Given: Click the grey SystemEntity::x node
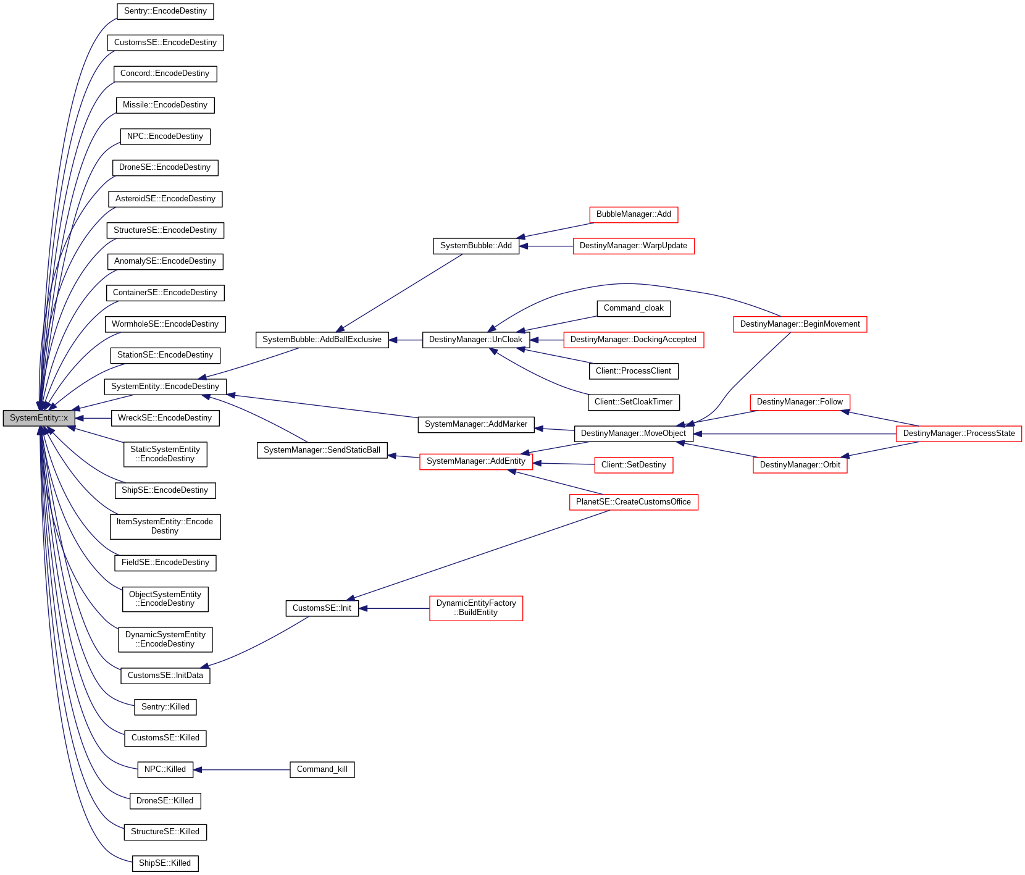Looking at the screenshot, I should coord(38,418).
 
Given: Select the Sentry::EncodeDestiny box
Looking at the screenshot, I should coord(165,11).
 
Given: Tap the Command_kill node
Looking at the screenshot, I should coord(322,769).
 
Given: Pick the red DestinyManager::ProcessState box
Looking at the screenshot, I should coord(958,433).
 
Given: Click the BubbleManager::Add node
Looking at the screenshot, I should coord(634,214).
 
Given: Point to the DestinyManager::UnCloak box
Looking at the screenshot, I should coord(475,340).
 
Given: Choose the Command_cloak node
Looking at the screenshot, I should coord(634,308).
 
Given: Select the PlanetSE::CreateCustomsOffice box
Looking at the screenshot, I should coord(634,502).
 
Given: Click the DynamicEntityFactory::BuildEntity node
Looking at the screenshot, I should coord(476,608).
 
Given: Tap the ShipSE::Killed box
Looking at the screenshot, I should coord(165,863).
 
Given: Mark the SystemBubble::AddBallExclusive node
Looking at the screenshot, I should coord(322,340).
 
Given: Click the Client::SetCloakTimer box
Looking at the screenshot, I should coord(634,402).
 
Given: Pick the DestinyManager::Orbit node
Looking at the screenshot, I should coord(800,465).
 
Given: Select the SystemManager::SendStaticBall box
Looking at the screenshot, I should coord(322,450).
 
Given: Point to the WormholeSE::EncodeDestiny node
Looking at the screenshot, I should coord(165,324).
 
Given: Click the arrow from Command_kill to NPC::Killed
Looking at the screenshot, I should coord(241,770).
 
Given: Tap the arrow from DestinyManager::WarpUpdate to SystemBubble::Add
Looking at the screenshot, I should coord(546,246).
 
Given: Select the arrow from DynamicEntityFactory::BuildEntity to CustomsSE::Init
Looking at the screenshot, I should coord(394,608).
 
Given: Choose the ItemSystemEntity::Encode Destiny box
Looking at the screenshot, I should coord(165,526).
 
